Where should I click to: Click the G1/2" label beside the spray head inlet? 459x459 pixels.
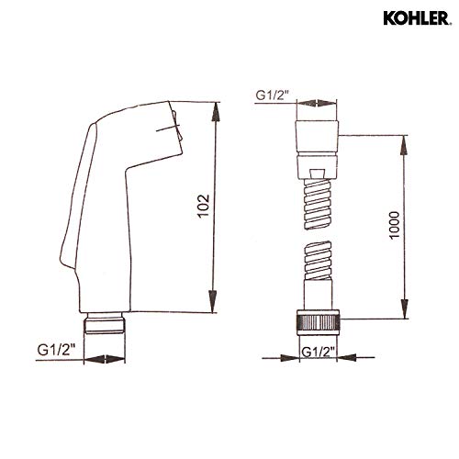pos(54,348)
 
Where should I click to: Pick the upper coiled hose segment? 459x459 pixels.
pos(318,196)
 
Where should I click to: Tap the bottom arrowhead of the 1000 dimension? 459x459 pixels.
pos(405,318)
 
